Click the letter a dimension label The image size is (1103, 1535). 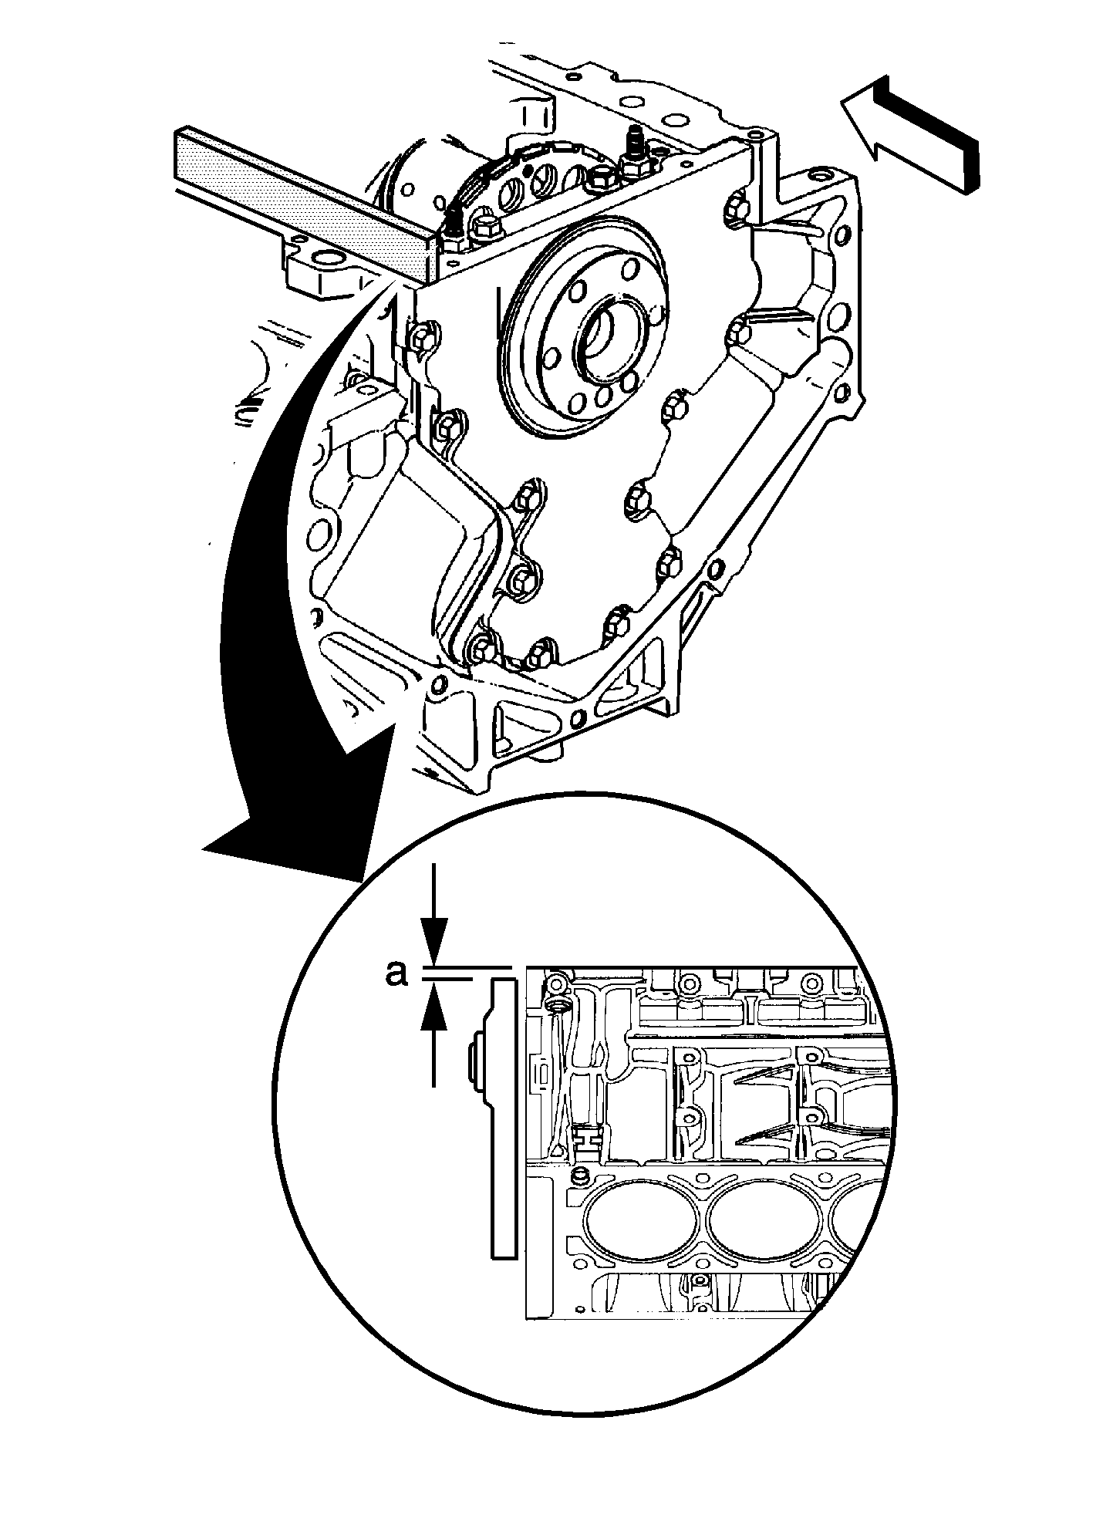point(396,973)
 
